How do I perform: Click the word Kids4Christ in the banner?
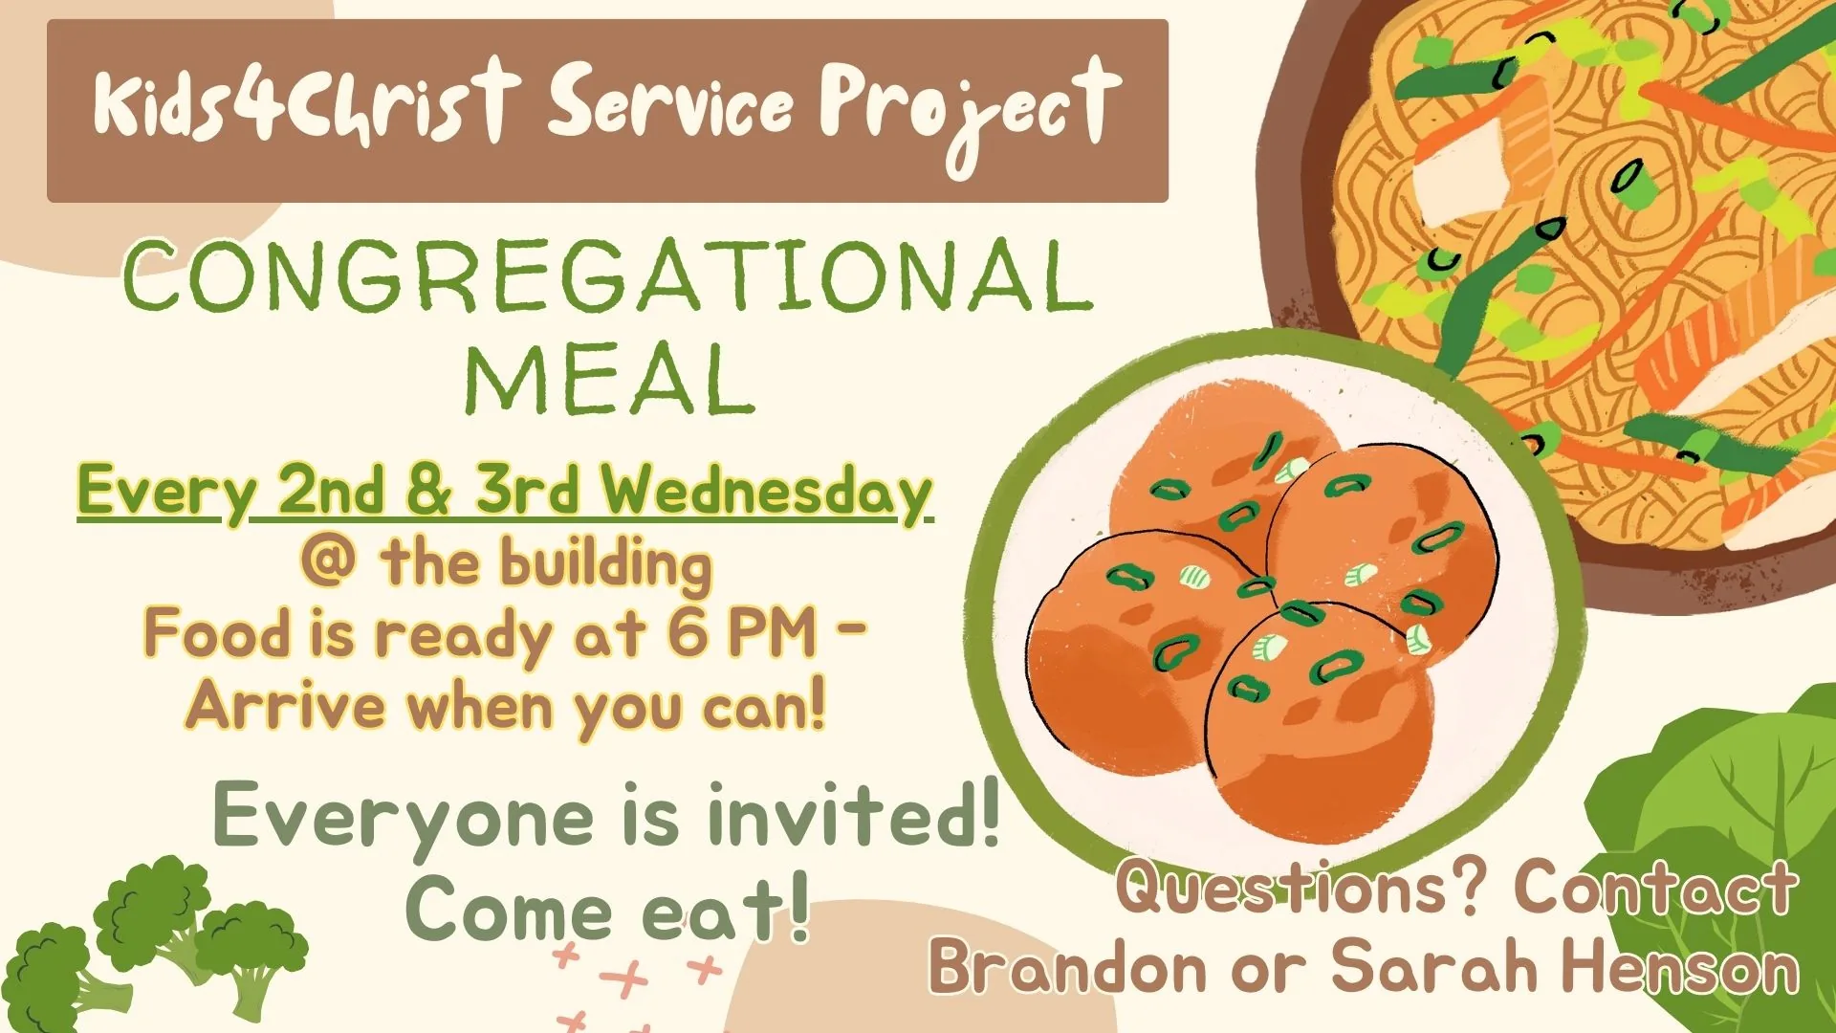(x=306, y=102)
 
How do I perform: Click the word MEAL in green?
(x=609, y=379)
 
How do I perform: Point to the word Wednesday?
(x=766, y=492)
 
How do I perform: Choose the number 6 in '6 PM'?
(x=688, y=632)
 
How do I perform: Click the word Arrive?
(x=286, y=706)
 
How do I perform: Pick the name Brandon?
(x=1068, y=965)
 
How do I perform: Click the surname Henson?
(x=1680, y=965)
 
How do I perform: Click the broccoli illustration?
(x=153, y=942)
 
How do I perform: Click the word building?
(x=607, y=564)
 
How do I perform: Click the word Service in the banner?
(x=670, y=105)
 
